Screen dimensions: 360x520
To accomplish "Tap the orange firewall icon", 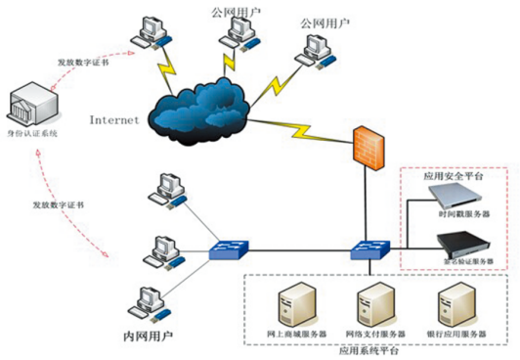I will coord(370,146).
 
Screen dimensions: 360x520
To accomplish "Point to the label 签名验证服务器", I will coord(464,262).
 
